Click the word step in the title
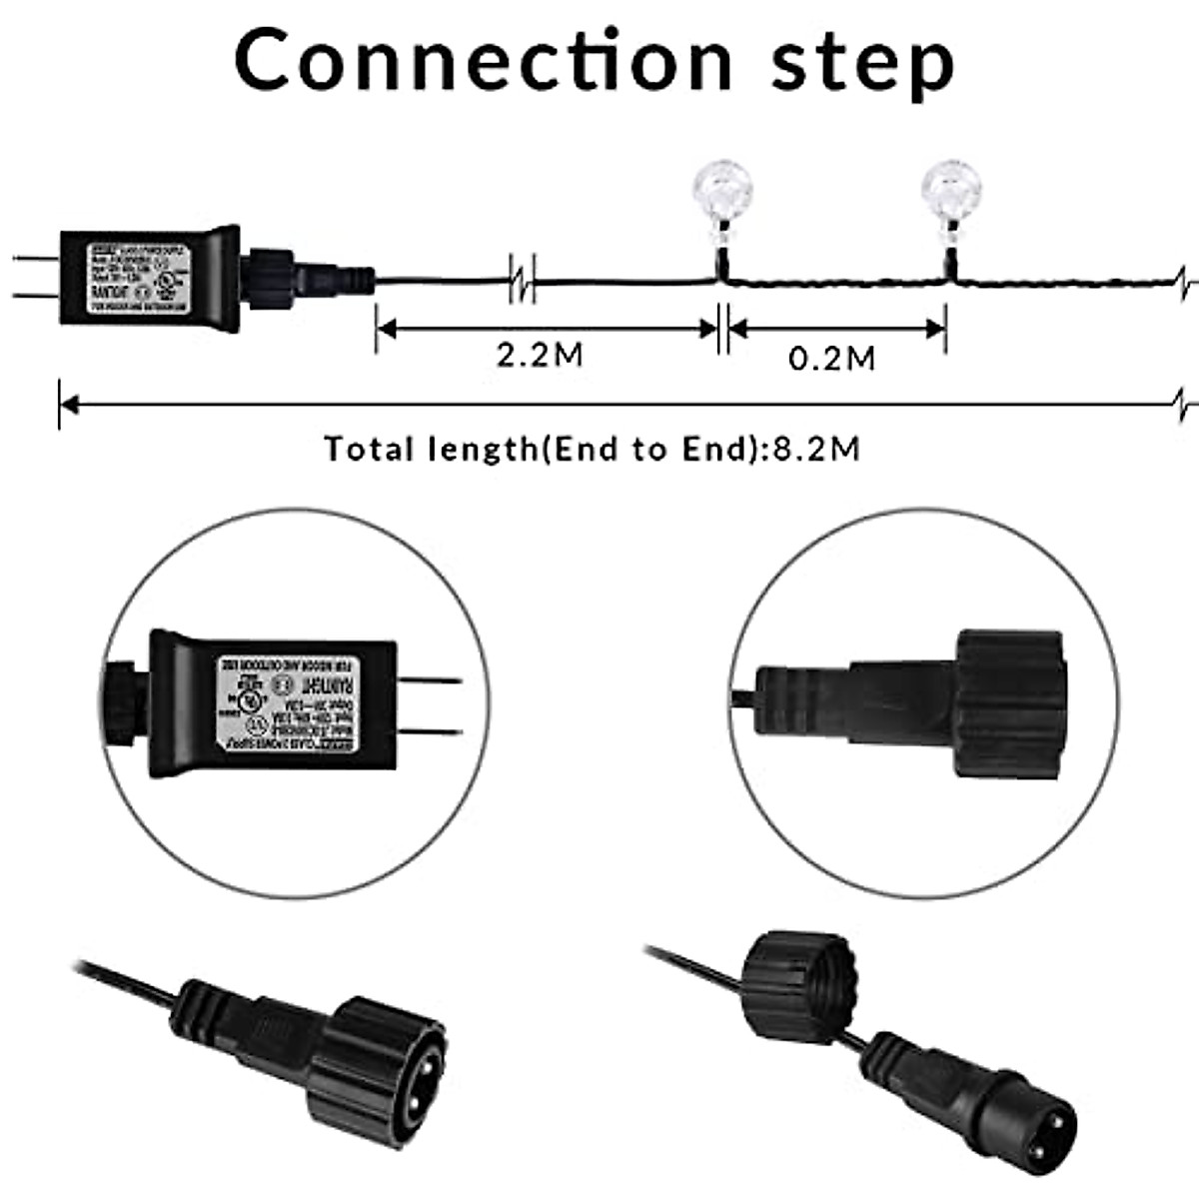pos(862,62)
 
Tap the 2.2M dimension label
pos(540,356)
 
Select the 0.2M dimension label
pos(832,358)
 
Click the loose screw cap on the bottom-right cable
pos(799,984)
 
